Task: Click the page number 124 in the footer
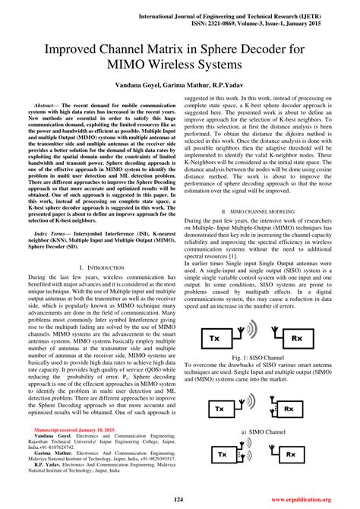pyautogui.click(x=180, y=499)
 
